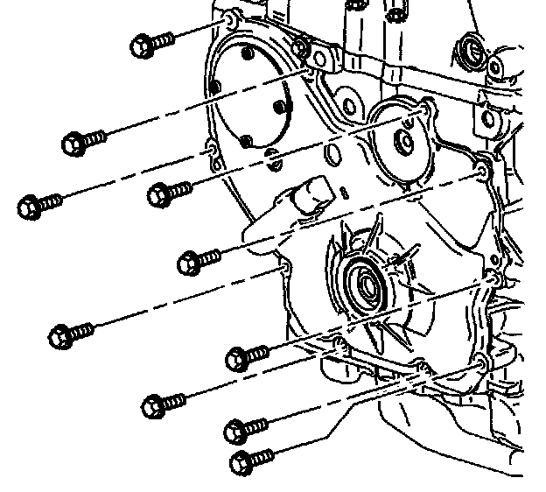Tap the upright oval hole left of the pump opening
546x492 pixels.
pyautogui.click(x=333, y=156)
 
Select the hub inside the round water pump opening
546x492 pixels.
pyautogui.click(x=405, y=140)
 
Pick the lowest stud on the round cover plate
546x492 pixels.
pyautogui.click(x=248, y=141)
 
